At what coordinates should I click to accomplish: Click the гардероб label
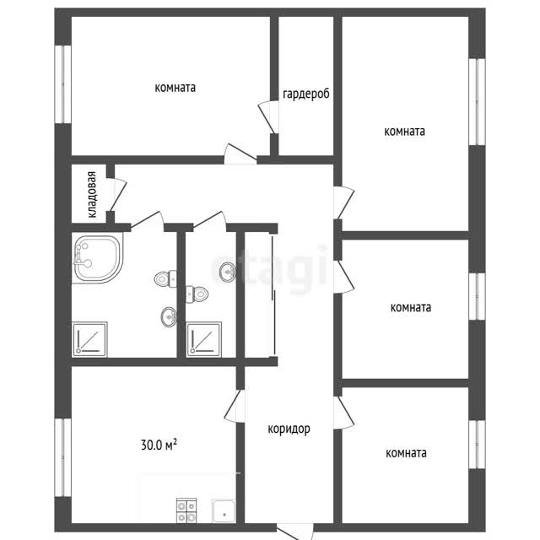pyautogui.click(x=305, y=94)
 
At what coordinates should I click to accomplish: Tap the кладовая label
pyautogui.click(x=92, y=195)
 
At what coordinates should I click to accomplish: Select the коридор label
pyautogui.click(x=289, y=429)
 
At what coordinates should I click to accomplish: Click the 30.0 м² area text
pyautogui.click(x=159, y=445)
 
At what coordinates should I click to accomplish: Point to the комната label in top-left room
pyautogui.click(x=175, y=88)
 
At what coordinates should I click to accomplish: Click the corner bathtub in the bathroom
pyautogui.click(x=98, y=259)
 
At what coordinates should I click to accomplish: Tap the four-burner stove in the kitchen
pyautogui.click(x=186, y=510)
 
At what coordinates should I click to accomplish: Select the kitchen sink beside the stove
pyautogui.click(x=224, y=510)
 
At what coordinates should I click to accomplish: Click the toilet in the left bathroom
pyautogui.click(x=165, y=278)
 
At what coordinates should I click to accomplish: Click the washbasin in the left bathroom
pyautogui.click(x=169, y=317)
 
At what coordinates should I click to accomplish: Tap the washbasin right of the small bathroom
pyautogui.click(x=227, y=273)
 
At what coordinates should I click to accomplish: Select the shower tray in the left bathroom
pyautogui.click(x=89, y=339)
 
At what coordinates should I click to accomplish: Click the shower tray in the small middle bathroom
pyautogui.click(x=204, y=339)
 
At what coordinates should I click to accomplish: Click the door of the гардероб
pyautogui.click(x=268, y=117)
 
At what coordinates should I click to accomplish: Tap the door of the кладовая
pyautogui.click(x=117, y=195)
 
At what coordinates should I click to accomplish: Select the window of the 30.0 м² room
pyautogui.click(x=63, y=457)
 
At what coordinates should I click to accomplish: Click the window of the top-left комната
pyautogui.click(x=63, y=84)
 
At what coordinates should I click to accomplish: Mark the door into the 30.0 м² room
pyautogui.click(x=235, y=406)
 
